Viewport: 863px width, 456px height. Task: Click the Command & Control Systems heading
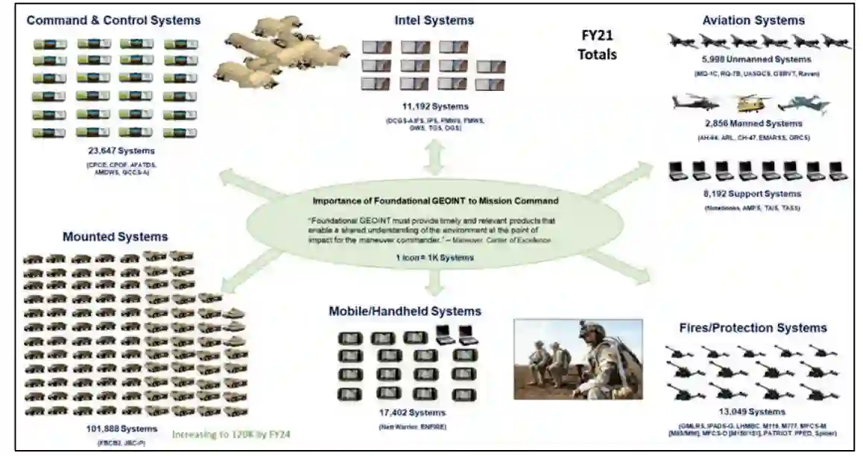[x=113, y=20]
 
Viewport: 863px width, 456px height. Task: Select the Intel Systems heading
[x=434, y=20]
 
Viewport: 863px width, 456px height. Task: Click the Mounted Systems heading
[x=116, y=237]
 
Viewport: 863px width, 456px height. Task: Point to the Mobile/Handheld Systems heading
[x=405, y=311]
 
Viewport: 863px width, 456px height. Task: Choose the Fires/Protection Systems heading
[x=753, y=328]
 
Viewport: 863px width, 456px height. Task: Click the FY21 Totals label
[x=599, y=45]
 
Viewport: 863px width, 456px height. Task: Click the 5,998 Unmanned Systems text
[x=756, y=59]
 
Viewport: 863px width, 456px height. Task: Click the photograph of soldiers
[x=578, y=359]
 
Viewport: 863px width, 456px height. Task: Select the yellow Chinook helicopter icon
[x=747, y=104]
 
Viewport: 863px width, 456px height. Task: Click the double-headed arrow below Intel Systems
[x=434, y=157]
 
